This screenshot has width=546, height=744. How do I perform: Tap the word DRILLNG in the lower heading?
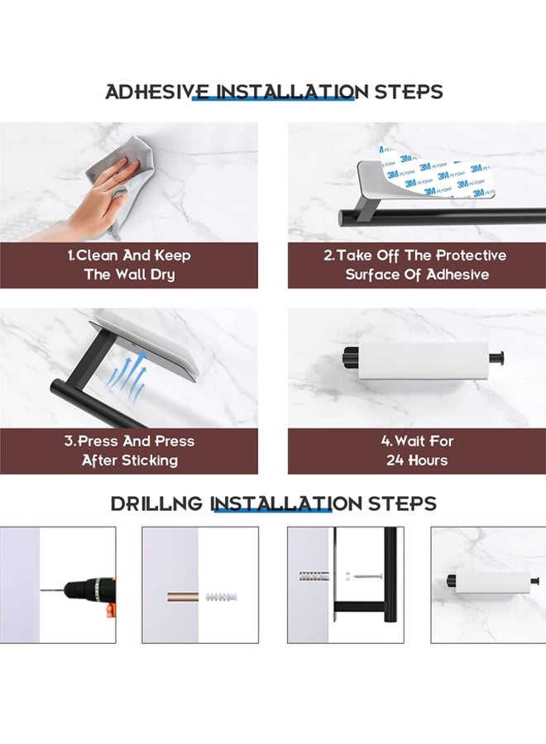156,503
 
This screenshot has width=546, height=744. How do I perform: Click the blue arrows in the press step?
126,377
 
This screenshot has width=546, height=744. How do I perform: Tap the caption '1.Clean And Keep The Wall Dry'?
129,265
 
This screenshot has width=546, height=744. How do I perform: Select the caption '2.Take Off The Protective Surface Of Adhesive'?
416,265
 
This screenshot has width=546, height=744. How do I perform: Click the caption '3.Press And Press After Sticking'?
129,451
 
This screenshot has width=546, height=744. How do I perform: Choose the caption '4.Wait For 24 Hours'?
417,451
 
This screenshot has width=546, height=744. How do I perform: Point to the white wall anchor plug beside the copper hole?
221,596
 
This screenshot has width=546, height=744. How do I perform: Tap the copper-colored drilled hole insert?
182,596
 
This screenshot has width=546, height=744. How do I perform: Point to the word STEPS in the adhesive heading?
409,92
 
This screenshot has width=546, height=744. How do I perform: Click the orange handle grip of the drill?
111,608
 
